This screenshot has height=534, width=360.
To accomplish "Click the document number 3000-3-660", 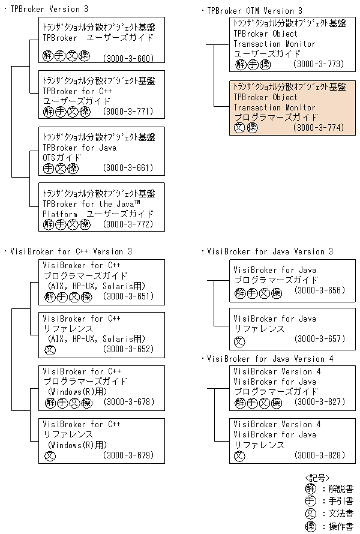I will (x=128, y=59).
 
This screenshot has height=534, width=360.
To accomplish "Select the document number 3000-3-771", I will (x=128, y=112).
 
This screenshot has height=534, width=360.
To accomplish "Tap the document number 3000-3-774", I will (x=319, y=128).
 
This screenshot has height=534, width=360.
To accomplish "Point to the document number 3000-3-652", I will (x=128, y=349).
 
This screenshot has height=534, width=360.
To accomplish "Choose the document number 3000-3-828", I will (x=319, y=455).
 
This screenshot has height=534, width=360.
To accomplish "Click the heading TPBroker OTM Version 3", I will (x=254, y=11).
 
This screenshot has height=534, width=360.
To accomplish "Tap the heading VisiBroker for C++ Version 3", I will (x=71, y=251).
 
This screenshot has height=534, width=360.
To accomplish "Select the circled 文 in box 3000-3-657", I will (x=239, y=340).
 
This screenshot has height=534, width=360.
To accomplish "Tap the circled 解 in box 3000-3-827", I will (x=239, y=402).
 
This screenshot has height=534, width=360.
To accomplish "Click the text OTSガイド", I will (x=62, y=158).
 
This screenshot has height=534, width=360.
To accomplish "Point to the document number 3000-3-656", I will (x=319, y=290).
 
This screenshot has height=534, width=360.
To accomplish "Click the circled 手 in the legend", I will (x=310, y=501).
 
